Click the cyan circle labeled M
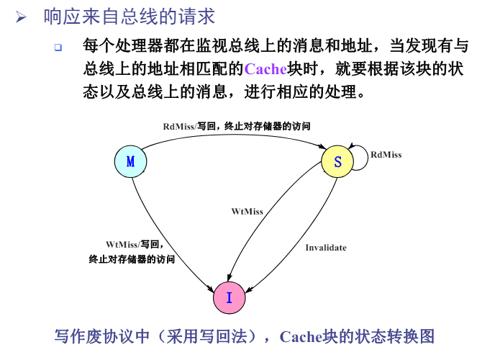[x=130, y=161]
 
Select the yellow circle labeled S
[x=337, y=161]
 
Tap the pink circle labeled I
[x=229, y=297]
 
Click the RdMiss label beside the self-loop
[x=386, y=155]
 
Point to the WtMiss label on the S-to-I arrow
[x=247, y=212]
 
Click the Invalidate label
[x=326, y=248]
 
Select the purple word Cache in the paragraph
[x=265, y=69]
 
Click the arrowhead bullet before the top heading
[x=21, y=17]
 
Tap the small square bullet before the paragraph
[x=58, y=48]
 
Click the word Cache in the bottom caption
[x=301, y=337]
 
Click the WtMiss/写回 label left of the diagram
[x=134, y=244]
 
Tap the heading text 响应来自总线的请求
[x=130, y=17]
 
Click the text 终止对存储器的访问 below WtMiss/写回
[x=132, y=259]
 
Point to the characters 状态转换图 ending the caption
[x=395, y=337]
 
